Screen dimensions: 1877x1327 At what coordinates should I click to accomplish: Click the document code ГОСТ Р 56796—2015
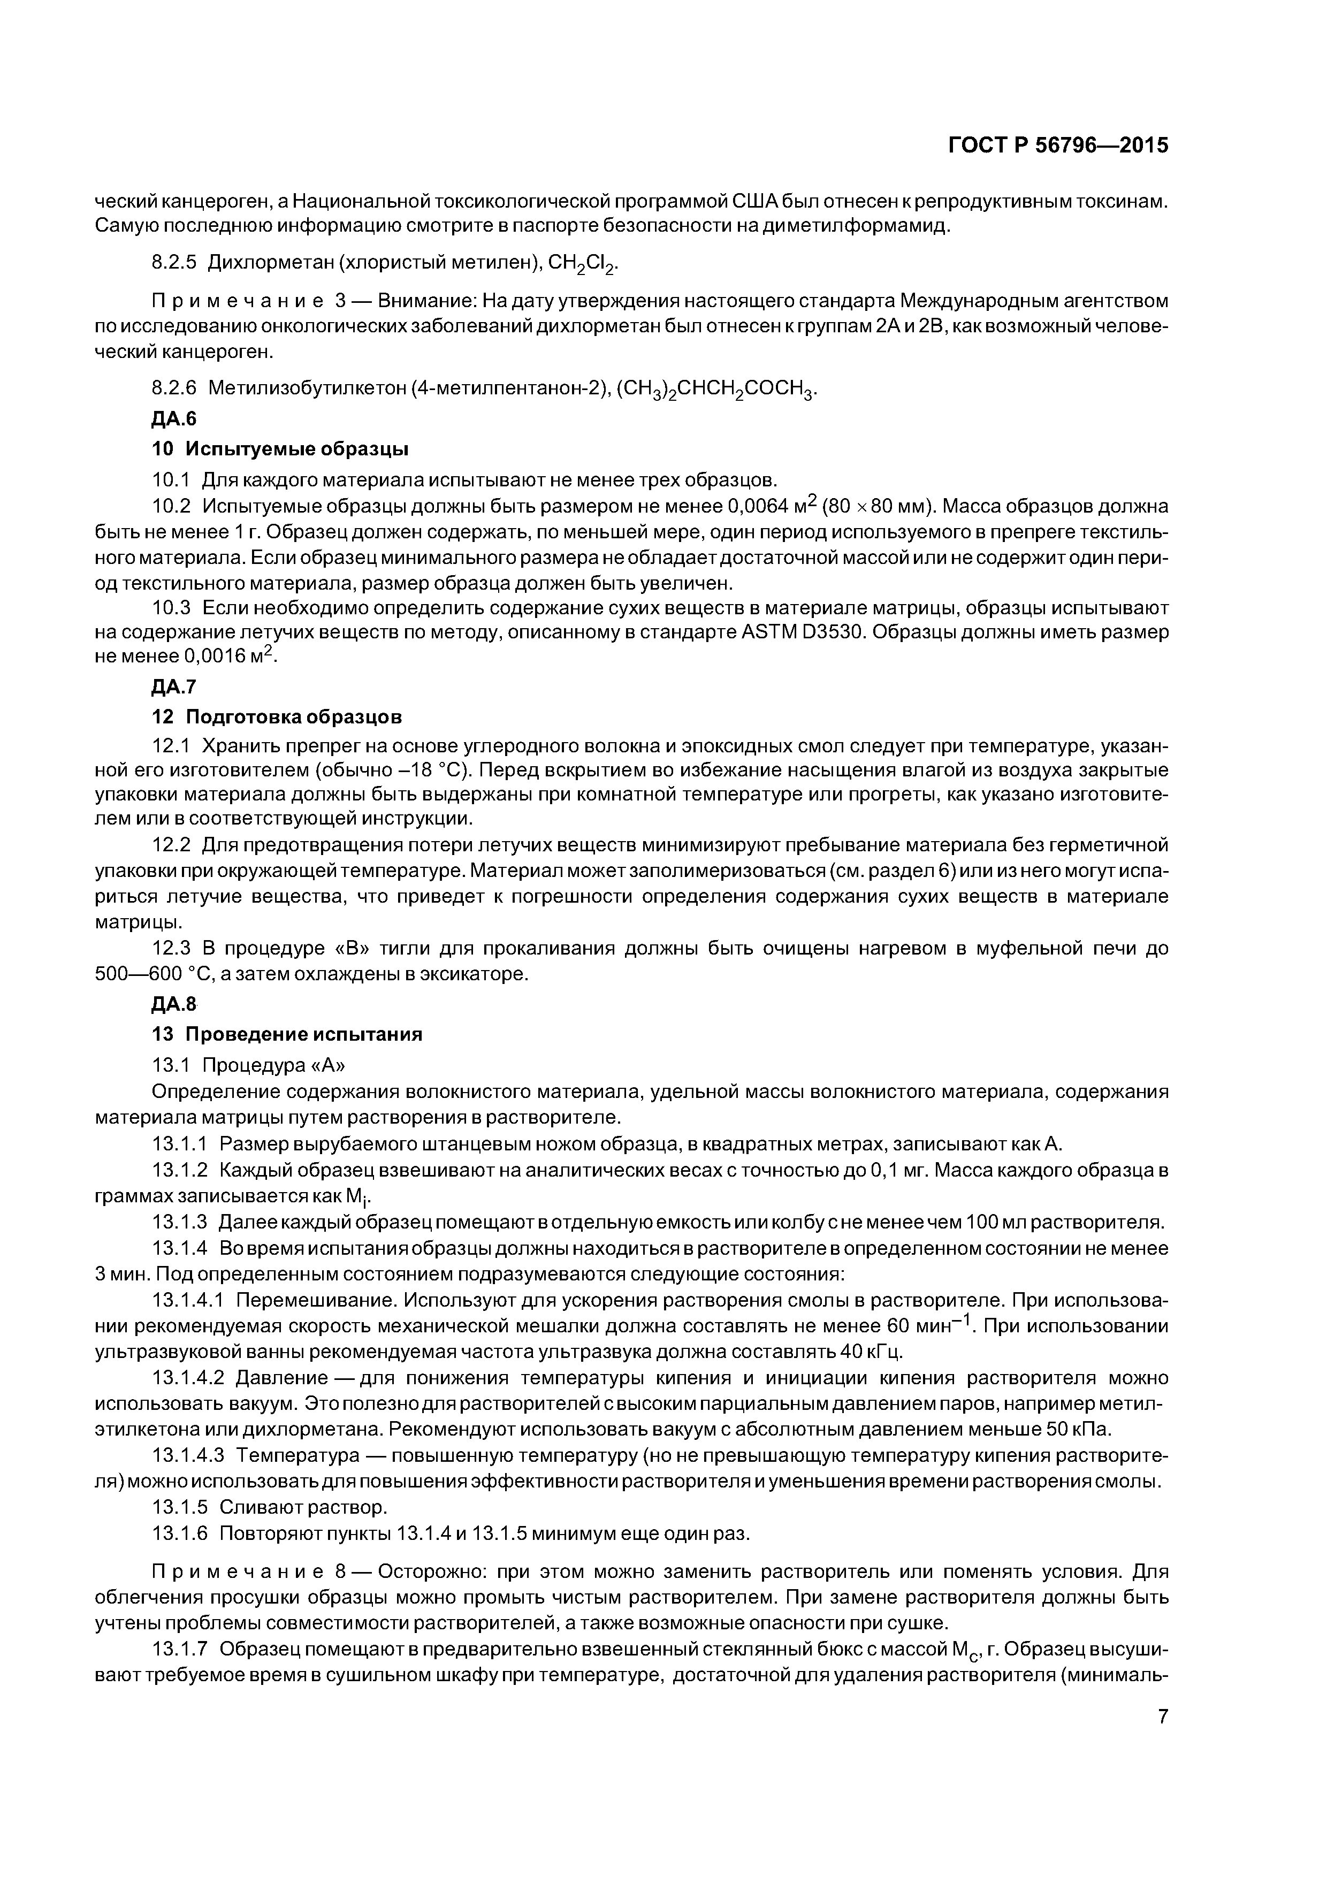pyautogui.click(x=1058, y=146)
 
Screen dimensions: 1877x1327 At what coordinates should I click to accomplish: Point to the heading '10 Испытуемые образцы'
pyautogui.click(x=280, y=449)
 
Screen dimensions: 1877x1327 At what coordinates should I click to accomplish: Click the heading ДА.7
pyautogui.click(x=174, y=686)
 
